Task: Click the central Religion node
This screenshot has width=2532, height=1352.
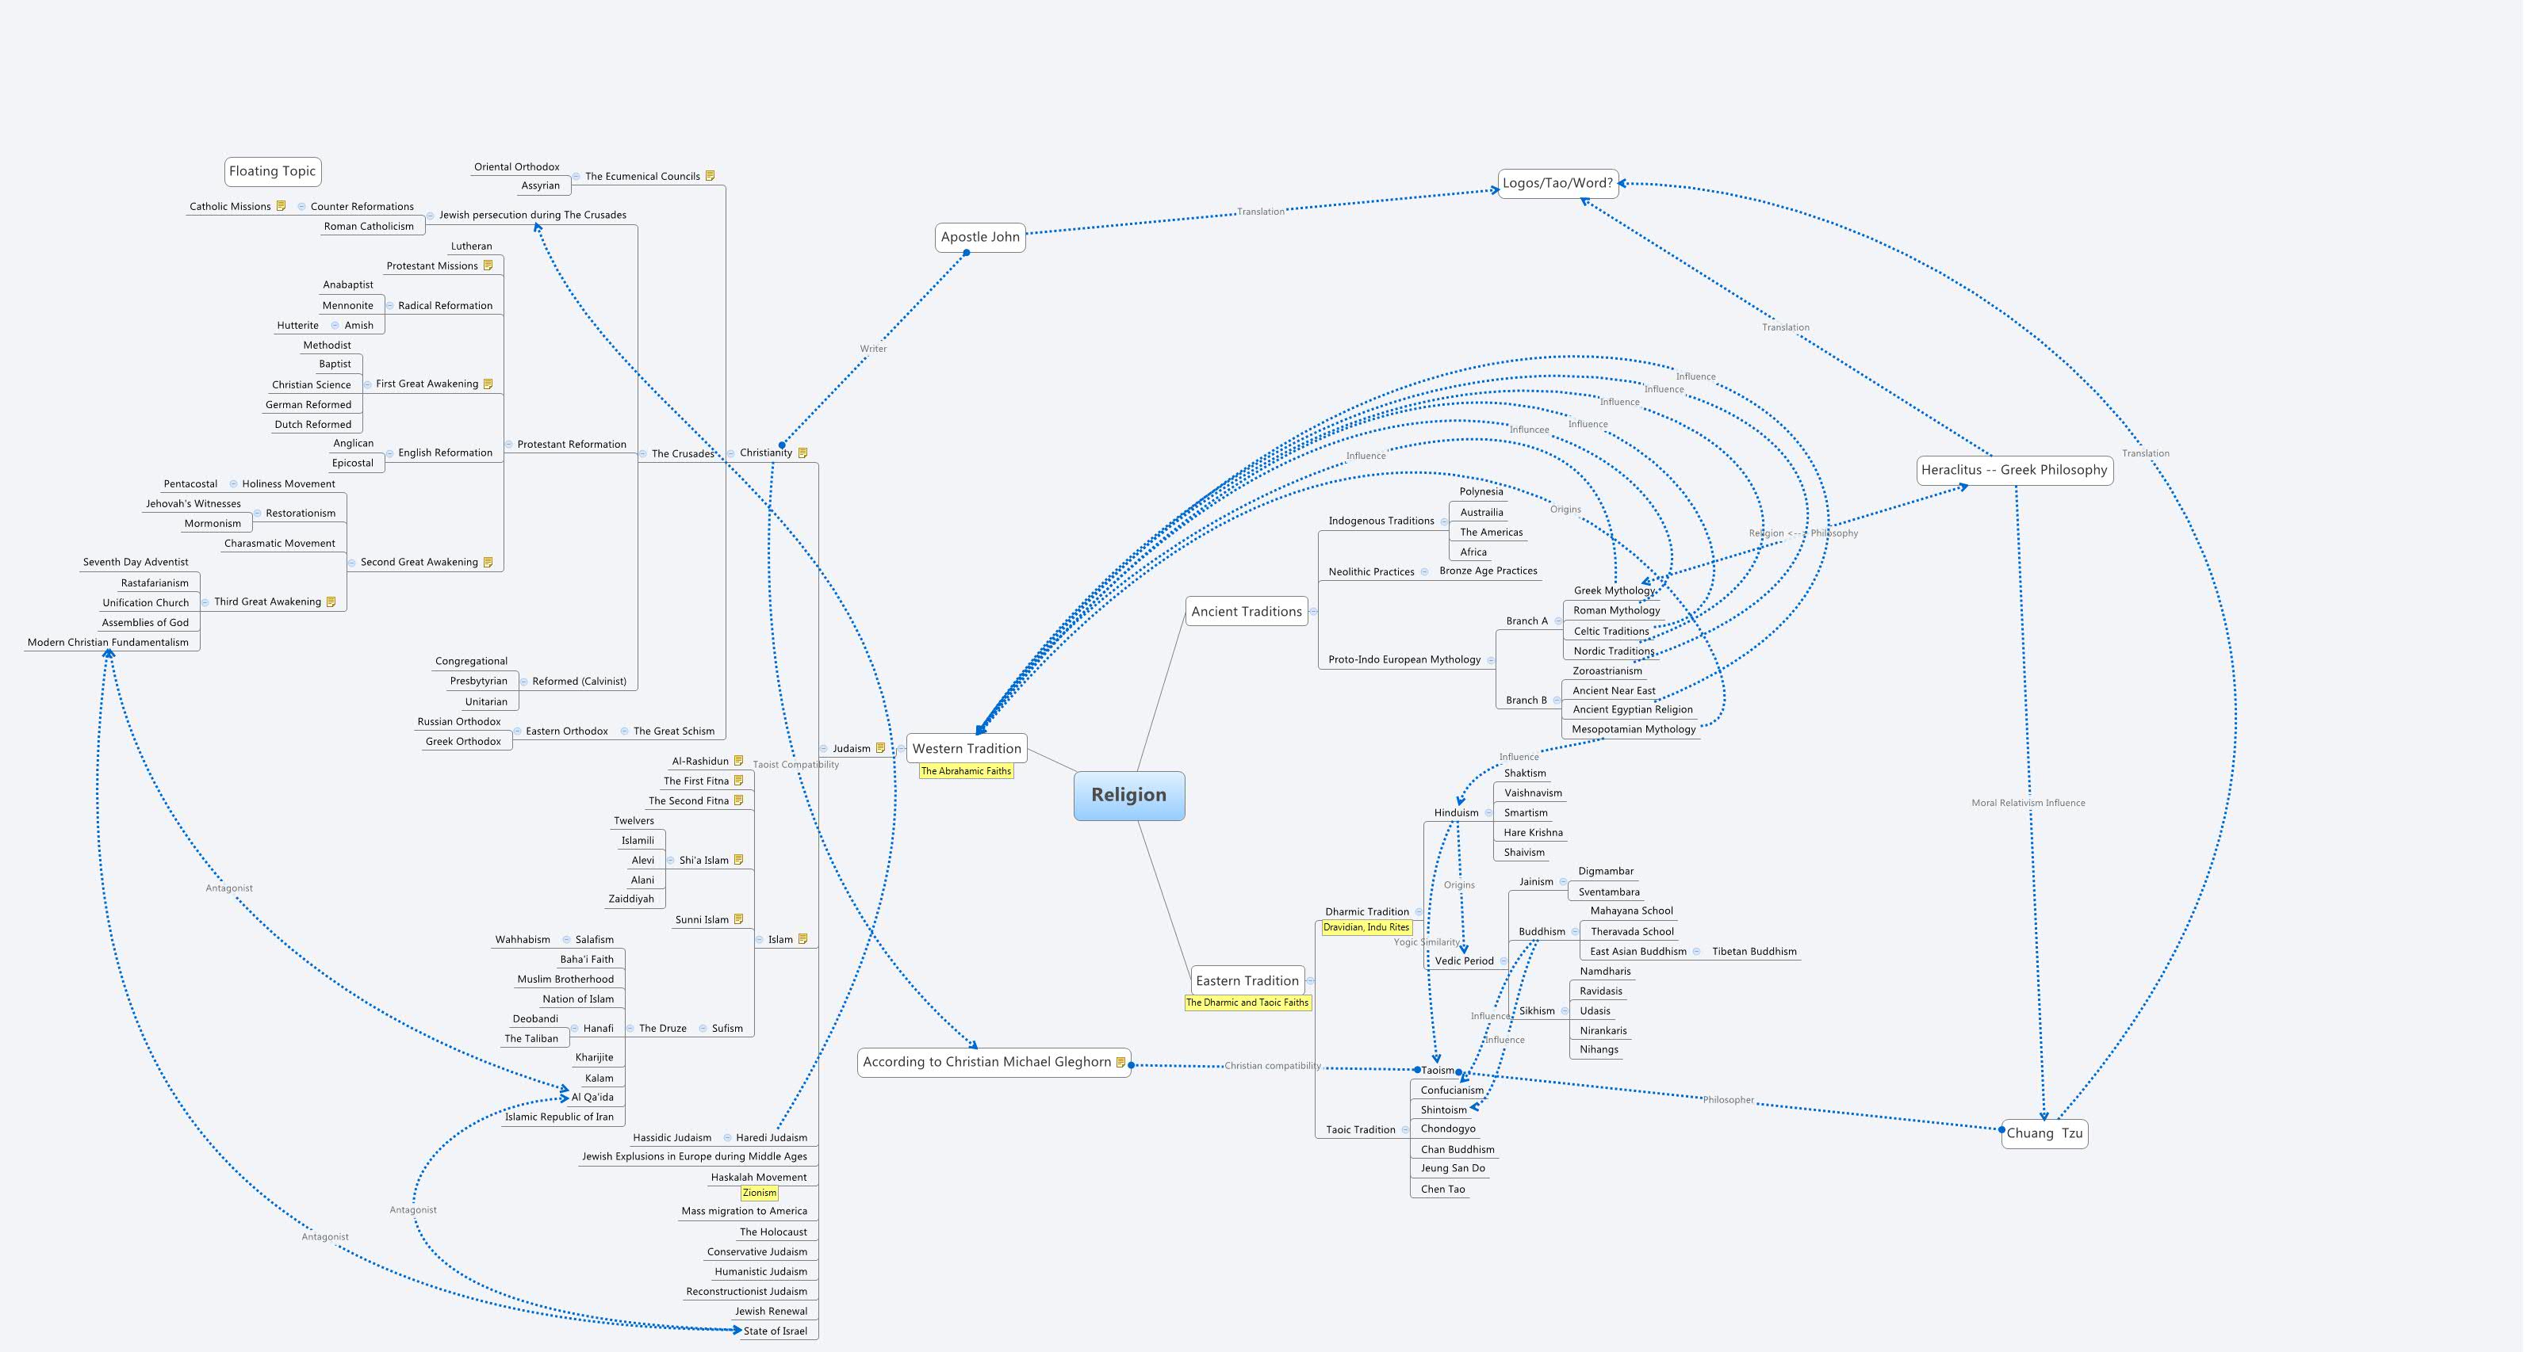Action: (x=1128, y=795)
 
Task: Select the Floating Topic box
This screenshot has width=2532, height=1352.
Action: (x=272, y=171)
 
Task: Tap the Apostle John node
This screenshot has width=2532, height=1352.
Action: (x=980, y=237)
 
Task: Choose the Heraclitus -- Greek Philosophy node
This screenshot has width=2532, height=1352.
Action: (x=2014, y=470)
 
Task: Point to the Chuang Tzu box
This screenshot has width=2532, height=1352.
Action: (x=2044, y=1133)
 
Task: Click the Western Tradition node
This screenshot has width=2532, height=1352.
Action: (x=966, y=748)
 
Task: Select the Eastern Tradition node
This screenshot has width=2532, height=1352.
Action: (x=1247, y=980)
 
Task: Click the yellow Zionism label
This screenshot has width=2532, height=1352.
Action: (x=759, y=1193)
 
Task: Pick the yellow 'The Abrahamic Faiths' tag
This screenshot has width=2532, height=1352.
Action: (x=965, y=771)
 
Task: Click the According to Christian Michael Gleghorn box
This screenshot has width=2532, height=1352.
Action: (x=986, y=1061)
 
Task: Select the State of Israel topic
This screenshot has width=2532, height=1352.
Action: (x=775, y=1331)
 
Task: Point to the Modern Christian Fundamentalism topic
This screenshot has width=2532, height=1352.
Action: (x=108, y=643)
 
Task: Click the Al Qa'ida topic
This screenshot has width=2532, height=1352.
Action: (x=592, y=1097)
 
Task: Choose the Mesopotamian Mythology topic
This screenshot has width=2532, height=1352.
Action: (x=1633, y=729)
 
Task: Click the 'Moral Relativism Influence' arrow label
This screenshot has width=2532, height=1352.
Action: (x=2028, y=803)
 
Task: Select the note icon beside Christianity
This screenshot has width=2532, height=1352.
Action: (x=803, y=453)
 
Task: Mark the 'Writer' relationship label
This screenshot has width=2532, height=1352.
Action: (x=873, y=349)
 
